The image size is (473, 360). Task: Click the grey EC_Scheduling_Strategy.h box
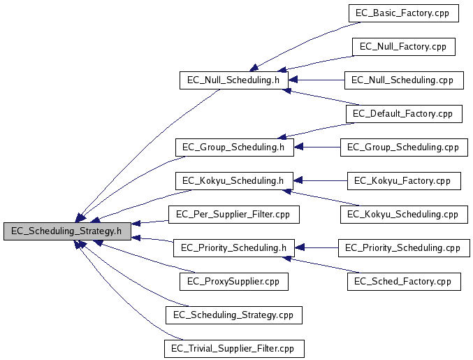[66, 231]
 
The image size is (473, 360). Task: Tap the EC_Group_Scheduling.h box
[233, 147]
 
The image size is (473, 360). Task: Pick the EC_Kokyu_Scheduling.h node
[233, 181]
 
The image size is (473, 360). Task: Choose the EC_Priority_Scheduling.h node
[233, 248]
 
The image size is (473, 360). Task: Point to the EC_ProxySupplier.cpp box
[233, 282]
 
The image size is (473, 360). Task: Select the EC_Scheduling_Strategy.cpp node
[233, 315]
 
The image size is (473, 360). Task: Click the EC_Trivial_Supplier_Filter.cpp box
[233, 348]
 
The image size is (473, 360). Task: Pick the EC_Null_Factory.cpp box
[403, 47]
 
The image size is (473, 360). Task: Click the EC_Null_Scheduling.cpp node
[403, 80]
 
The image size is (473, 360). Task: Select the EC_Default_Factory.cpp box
[403, 114]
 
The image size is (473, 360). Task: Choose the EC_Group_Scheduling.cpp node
[403, 147]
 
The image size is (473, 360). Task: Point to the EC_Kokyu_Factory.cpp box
[403, 181]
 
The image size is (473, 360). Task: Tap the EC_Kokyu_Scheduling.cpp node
[403, 215]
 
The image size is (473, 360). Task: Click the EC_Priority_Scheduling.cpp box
[403, 248]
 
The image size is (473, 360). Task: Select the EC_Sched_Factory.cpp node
[403, 282]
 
